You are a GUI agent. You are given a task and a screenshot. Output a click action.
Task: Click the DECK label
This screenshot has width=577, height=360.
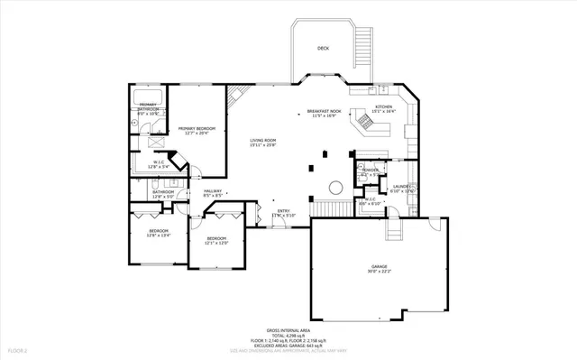(323, 49)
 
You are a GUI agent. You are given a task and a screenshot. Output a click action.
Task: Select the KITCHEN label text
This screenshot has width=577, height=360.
(384, 106)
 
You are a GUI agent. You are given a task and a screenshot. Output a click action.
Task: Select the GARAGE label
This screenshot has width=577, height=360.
(379, 265)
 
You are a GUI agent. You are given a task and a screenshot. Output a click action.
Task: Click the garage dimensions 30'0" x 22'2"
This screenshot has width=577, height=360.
(379, 271)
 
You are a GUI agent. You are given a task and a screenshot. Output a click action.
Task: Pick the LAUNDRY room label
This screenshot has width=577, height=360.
(401, 187)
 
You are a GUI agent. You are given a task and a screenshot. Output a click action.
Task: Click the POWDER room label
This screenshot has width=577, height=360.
(370, 171)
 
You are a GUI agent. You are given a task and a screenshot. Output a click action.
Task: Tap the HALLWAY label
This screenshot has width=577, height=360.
(213, 190)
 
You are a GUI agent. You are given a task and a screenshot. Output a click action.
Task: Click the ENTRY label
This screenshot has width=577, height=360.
(283, 211)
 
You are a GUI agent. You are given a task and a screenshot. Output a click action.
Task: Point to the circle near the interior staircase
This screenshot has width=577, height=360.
(335, 187)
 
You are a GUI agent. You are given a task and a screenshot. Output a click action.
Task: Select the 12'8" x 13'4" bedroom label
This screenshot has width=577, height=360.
(160, 234)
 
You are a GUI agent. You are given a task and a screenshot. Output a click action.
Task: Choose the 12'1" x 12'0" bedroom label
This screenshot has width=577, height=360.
(216, 240)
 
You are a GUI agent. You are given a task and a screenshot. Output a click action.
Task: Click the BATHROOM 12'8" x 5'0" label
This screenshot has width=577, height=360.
(163, 193)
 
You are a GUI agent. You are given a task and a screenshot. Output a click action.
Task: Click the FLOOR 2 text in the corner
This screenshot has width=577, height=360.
(18, 349)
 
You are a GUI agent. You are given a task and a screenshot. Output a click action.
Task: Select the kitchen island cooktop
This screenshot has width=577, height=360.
(366, 118)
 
